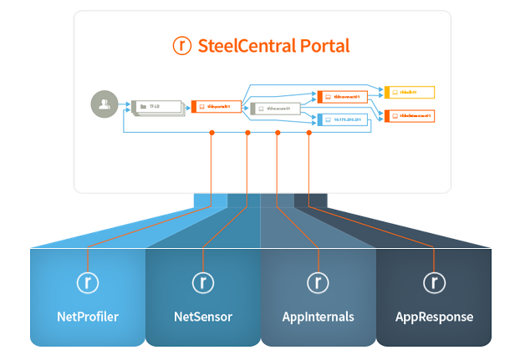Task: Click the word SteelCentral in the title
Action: pos(247,46)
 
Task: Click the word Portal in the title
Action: pos(324,46)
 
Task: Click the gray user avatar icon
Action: pos(104,105)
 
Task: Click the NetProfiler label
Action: pos(88,317)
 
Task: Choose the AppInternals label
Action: pos(318,317)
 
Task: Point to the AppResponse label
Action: pos(434,317)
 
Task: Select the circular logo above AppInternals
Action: pos(318,281)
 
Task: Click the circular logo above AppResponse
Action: pos(434,281)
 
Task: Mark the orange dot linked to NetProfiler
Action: pos(212,133)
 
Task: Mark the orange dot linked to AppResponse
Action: pos(308,133)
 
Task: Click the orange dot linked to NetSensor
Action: pos(247,133)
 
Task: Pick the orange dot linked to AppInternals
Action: pos(278,133)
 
